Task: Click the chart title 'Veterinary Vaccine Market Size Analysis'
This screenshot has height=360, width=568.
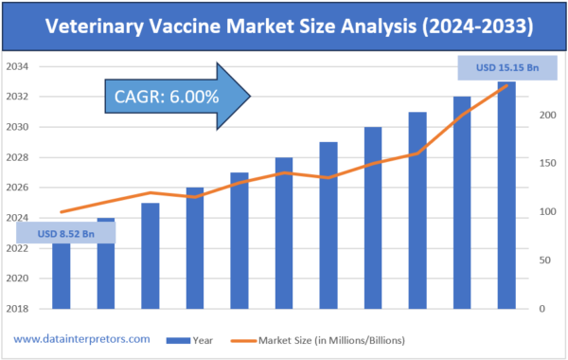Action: tap(283, 27)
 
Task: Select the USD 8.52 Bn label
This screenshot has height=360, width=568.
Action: tap(65, 232)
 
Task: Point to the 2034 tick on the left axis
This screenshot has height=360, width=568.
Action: tap(17, 66)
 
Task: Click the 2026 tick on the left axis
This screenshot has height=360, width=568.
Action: tap(17, 188)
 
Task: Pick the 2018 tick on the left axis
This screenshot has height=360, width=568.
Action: tap(17, 309)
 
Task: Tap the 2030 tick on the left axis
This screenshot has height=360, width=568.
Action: tap(17, 127)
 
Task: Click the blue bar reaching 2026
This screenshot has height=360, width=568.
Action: tap(195, 248)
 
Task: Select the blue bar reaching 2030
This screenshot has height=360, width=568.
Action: tap(373, 218)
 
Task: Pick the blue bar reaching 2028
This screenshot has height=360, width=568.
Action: tap(284, 233)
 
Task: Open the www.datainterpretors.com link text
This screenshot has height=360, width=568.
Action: tap(82, 338)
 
